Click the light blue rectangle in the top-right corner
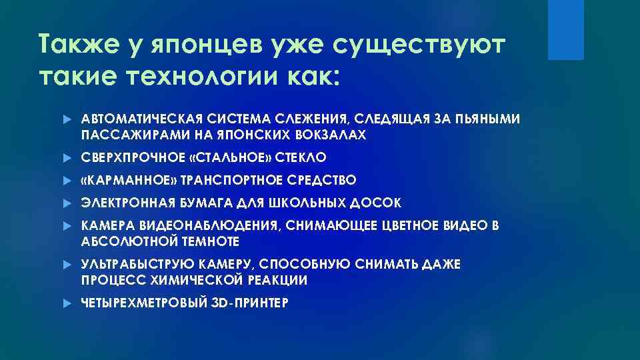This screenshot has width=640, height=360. coord(565,30)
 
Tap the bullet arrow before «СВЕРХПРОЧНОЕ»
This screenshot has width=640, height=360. coord(66,157)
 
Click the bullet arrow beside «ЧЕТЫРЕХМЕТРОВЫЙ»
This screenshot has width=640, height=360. coord(66,303)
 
